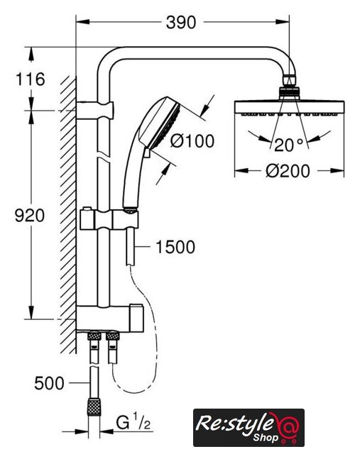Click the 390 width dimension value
[181, 22]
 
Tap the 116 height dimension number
[30, 79]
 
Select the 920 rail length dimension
[30, 216]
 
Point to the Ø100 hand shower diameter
[192, 141]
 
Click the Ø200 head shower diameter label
[288, 171]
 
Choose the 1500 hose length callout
[175, 247]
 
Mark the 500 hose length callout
[49, 383]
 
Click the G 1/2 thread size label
[133, 423]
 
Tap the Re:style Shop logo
[249, 427]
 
